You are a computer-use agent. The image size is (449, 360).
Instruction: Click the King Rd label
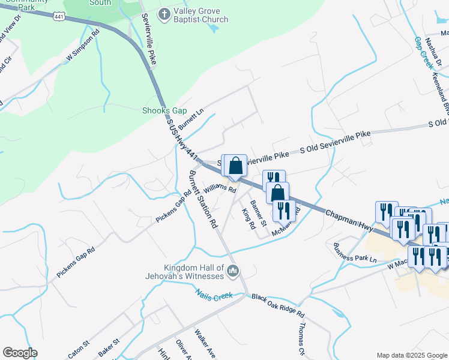point(249,219)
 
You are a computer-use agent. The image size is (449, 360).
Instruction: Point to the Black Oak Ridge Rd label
point(278,306)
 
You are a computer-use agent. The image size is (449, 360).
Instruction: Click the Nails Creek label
point(214,295)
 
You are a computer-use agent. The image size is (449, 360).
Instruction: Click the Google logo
point(20,353)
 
